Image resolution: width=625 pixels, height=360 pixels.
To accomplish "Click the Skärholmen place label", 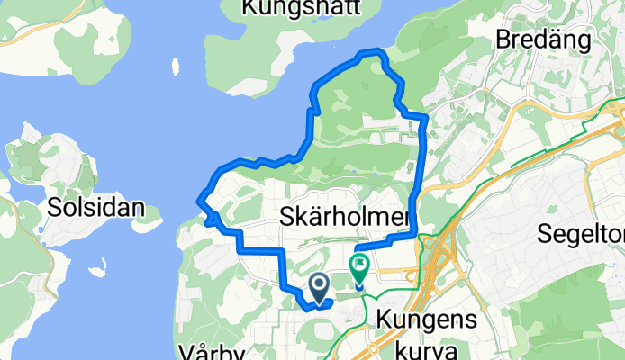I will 345,217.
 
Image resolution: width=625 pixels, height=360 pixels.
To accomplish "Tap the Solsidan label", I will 93,207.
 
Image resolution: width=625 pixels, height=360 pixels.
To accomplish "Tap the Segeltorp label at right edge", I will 581,234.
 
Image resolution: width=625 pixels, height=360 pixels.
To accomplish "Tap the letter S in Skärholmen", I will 287,217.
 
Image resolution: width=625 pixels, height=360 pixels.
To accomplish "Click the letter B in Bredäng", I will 501,40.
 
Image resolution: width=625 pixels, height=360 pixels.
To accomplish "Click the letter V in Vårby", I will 185,350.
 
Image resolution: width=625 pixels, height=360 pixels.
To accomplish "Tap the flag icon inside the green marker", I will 360,265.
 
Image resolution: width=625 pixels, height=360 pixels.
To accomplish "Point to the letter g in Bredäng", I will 593,42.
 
